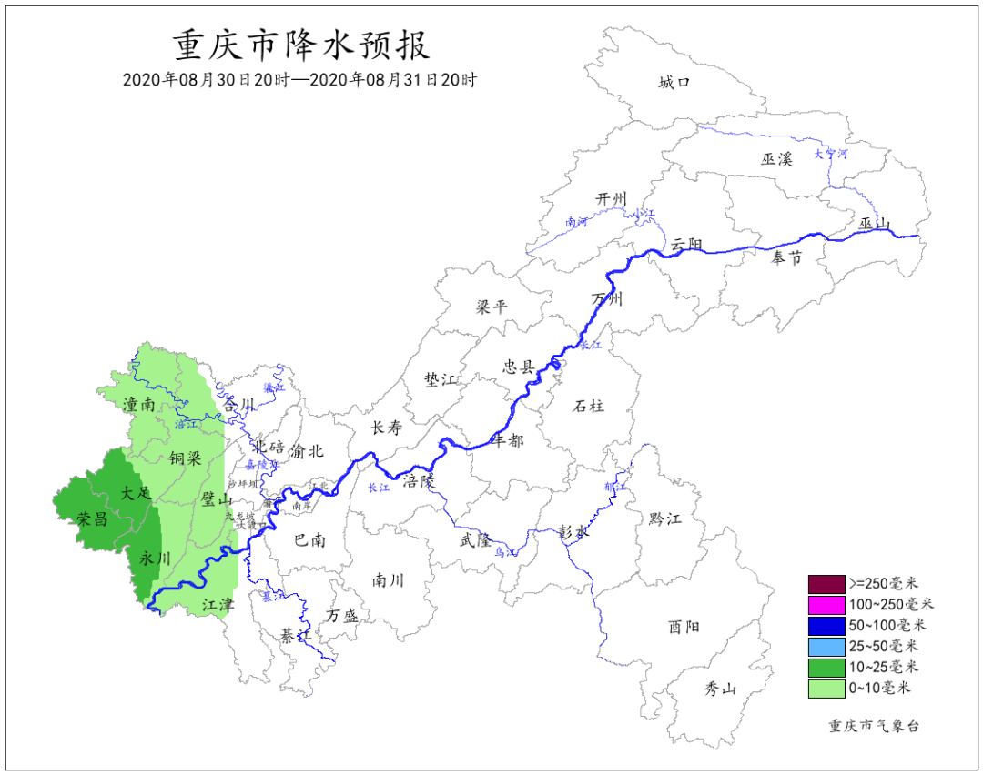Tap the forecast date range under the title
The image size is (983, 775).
click(300, 80)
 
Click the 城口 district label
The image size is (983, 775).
click(674, 83)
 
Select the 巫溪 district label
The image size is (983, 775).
click(777, 159)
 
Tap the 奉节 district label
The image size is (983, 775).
click(786, 258)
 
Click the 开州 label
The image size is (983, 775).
click(612, 198)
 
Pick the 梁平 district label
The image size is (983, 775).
click(491, 307)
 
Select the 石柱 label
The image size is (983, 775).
click(589, 405)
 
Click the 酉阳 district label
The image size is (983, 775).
click(684, 626)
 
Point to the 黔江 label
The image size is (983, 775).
click(665, 518)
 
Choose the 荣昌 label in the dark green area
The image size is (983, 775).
click(92, 519)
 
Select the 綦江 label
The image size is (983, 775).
click(296, 634)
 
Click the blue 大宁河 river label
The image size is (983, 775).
click(830, 155)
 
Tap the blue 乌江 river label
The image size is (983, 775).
click(505, 552)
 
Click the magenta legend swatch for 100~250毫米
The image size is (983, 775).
click(826, 604)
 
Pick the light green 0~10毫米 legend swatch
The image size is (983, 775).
click(826, 689)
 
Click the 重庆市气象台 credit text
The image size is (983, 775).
click(874, 726)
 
